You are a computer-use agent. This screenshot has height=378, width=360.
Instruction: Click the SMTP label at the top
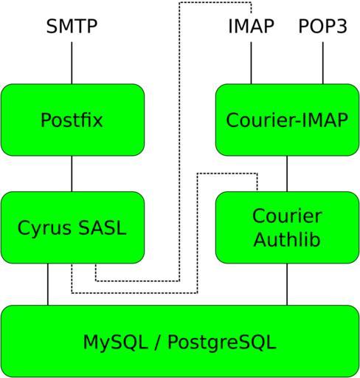72,26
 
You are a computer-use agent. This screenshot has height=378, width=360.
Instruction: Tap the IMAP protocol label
251,26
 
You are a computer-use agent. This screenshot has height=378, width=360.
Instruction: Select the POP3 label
323,26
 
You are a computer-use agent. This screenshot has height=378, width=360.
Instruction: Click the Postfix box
72,120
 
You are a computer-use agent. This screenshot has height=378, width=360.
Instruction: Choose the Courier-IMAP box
287,120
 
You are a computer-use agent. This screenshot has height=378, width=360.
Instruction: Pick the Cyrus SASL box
72,227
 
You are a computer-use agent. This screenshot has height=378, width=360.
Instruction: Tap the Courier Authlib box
287,227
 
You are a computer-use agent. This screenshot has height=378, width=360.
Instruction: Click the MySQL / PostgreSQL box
180,341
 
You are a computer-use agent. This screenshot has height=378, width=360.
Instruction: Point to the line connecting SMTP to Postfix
72,63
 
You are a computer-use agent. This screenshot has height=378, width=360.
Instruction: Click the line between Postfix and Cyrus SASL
72,173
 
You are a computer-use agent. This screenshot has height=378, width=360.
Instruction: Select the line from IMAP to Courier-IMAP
251,63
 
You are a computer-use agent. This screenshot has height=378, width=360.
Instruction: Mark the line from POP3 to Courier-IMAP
323,63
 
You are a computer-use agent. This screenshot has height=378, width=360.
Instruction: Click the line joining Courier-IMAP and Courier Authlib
287,173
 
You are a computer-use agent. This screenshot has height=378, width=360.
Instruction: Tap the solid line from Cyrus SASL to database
48,284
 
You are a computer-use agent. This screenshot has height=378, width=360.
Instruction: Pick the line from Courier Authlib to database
287,284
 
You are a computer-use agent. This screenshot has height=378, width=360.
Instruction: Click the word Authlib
287,239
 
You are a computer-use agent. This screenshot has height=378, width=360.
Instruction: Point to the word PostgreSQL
222,343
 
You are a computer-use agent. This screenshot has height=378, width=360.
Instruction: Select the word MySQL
116,343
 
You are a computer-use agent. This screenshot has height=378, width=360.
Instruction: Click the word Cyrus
44,228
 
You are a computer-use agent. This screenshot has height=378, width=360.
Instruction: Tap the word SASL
103,228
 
